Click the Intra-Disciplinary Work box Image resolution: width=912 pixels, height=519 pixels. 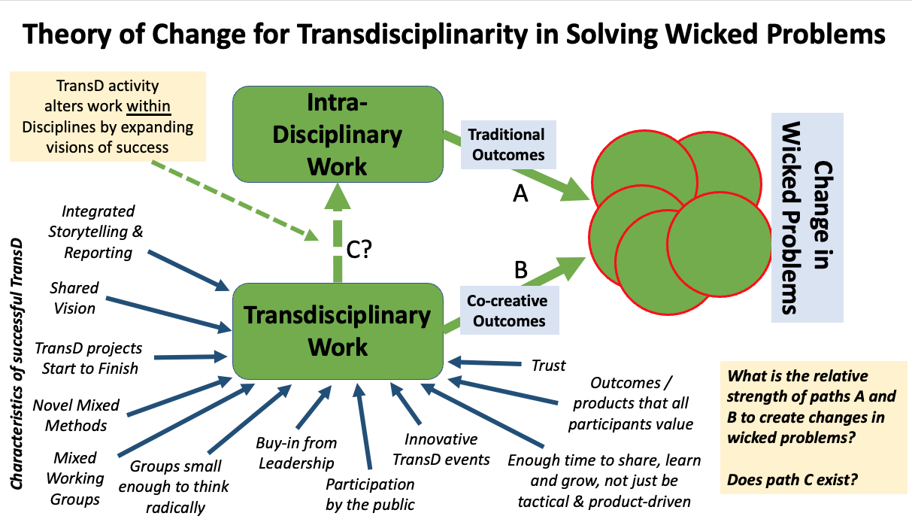click(x=338, y=134)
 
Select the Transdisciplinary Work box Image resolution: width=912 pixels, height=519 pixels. click(x=338, y=331)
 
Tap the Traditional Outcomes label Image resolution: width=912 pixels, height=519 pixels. click(x=508, y=144)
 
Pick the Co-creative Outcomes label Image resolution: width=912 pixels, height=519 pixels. click(x=509, y=311)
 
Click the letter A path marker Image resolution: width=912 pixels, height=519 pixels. click(x=520, y=193)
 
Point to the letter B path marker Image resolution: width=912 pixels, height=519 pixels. click(x=521, y=269)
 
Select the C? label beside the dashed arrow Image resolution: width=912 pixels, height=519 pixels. click(x=359, y=249)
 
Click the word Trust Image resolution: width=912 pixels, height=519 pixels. click(x=548, y=366)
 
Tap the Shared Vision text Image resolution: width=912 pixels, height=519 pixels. click(x=74, y=298)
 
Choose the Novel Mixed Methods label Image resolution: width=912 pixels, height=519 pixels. click(x=76, y=415)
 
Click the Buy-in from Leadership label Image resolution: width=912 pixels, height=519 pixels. click(x=296, y=453)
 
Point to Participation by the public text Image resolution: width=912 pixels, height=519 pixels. click(x=370, y=494)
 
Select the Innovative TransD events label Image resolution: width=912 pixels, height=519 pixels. click(x=441, y=449)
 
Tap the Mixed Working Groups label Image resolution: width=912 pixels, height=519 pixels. click(x=75, y=478)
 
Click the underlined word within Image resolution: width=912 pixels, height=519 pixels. click(x=148, y=106)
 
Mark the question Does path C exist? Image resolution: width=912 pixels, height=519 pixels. click(x=792, y=479)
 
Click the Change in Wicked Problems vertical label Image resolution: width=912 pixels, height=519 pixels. click(x=807, y=217)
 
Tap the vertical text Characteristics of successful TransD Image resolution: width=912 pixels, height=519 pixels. click(x=17, y=363)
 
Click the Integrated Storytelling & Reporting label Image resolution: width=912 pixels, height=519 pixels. click(x=96, y=232)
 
